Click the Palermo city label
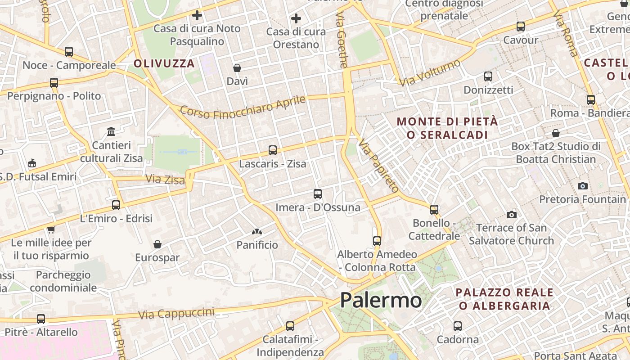(381, 300)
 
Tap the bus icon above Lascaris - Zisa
(272, 150)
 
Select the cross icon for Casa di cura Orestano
(296, 18)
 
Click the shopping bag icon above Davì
(237, 68)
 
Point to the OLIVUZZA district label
(164, 63)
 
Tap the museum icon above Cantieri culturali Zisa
(111, 131)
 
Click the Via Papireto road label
(378, 165)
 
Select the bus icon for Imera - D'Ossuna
(318, 194)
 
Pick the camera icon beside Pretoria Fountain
(583, 186)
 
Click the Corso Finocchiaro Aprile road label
(243, 107)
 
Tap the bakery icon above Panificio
(257, 232)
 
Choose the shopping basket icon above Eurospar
(157, 244)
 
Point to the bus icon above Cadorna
(458, 326)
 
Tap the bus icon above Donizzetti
(488, 76)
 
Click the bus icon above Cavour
(521, 26)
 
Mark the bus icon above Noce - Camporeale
(69, 52)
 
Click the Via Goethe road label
(342, 40)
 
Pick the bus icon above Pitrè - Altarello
(41, 319)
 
